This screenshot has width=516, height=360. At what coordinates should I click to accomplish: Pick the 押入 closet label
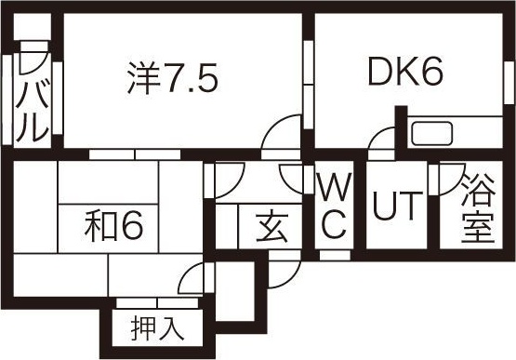tap(154, 327)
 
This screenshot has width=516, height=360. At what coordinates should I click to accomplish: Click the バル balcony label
tap(31, 98)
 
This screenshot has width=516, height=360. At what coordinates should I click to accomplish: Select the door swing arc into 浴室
tap(452, 177)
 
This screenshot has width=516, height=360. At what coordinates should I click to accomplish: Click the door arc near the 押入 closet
tap(193, 279)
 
